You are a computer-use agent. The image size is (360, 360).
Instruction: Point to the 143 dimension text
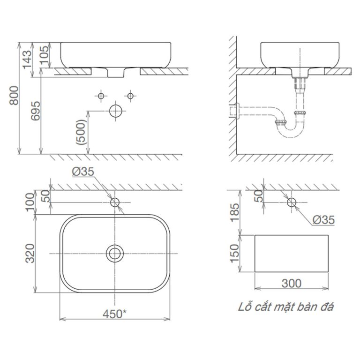click(27, 55)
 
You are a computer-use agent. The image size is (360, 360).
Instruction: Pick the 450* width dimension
click(114, 314)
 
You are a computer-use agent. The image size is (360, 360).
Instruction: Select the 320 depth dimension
click(29, 254)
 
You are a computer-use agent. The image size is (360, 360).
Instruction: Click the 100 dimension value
click(29, 202)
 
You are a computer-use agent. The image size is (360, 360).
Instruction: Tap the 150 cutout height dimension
click(234, 254)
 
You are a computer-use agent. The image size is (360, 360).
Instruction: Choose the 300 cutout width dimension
click(292, 283)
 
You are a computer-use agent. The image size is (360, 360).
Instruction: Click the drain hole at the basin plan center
click(114, 254)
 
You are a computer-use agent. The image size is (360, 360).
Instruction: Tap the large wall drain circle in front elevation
click(115, 111)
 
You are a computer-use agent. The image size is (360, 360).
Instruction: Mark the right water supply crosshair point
click(131, 96)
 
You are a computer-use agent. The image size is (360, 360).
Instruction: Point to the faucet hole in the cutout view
click(291, 202)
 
